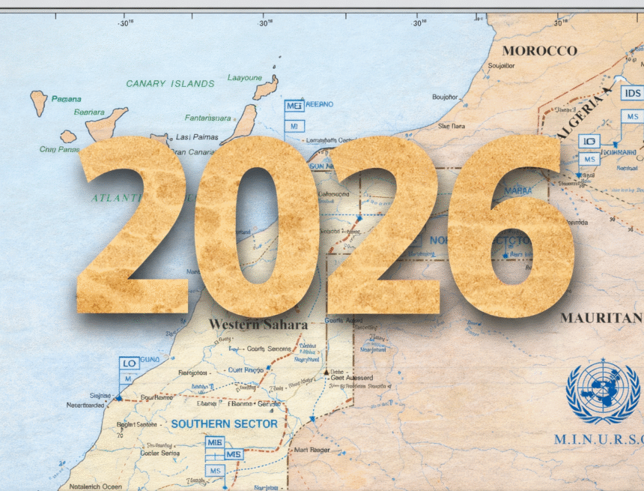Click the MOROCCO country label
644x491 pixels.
540,50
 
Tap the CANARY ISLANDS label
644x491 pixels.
169,83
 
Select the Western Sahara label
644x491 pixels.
258,325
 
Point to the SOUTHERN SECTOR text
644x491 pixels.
224,424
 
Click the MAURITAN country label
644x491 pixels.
601,317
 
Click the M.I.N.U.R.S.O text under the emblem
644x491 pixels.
599,439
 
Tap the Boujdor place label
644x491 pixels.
445,97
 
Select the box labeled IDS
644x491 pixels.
632,94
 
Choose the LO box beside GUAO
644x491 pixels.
129,363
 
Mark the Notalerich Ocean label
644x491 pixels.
97,487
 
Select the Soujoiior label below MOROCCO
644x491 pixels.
501,65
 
